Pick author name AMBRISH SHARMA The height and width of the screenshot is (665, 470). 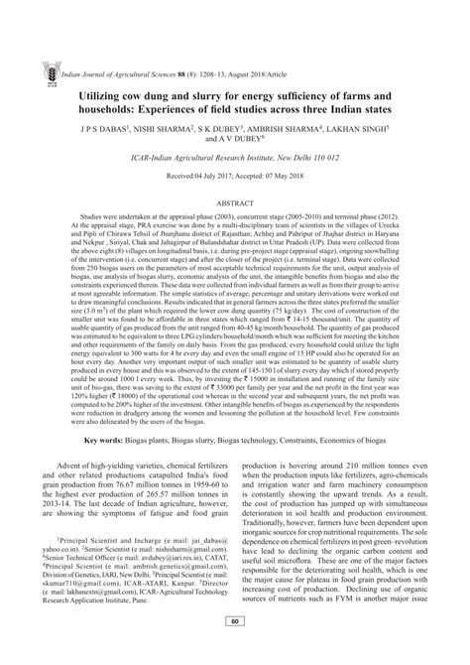click(316, 129)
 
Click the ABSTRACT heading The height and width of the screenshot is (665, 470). click(235, 199)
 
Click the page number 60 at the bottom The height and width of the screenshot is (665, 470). click(235, 649)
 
